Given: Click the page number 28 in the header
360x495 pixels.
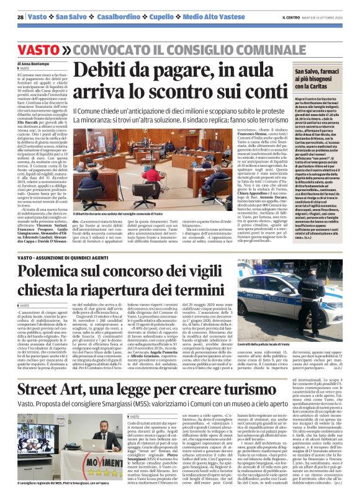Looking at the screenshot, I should point(20,17).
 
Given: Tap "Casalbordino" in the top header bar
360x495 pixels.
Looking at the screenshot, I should point(120,17).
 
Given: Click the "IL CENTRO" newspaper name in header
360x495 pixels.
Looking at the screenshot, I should point(290,17).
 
